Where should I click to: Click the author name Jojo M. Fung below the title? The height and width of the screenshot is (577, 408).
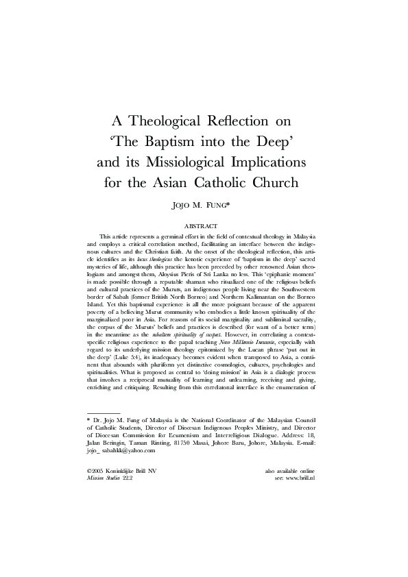(204, 204)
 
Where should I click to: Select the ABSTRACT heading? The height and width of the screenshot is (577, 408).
(204, 225)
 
